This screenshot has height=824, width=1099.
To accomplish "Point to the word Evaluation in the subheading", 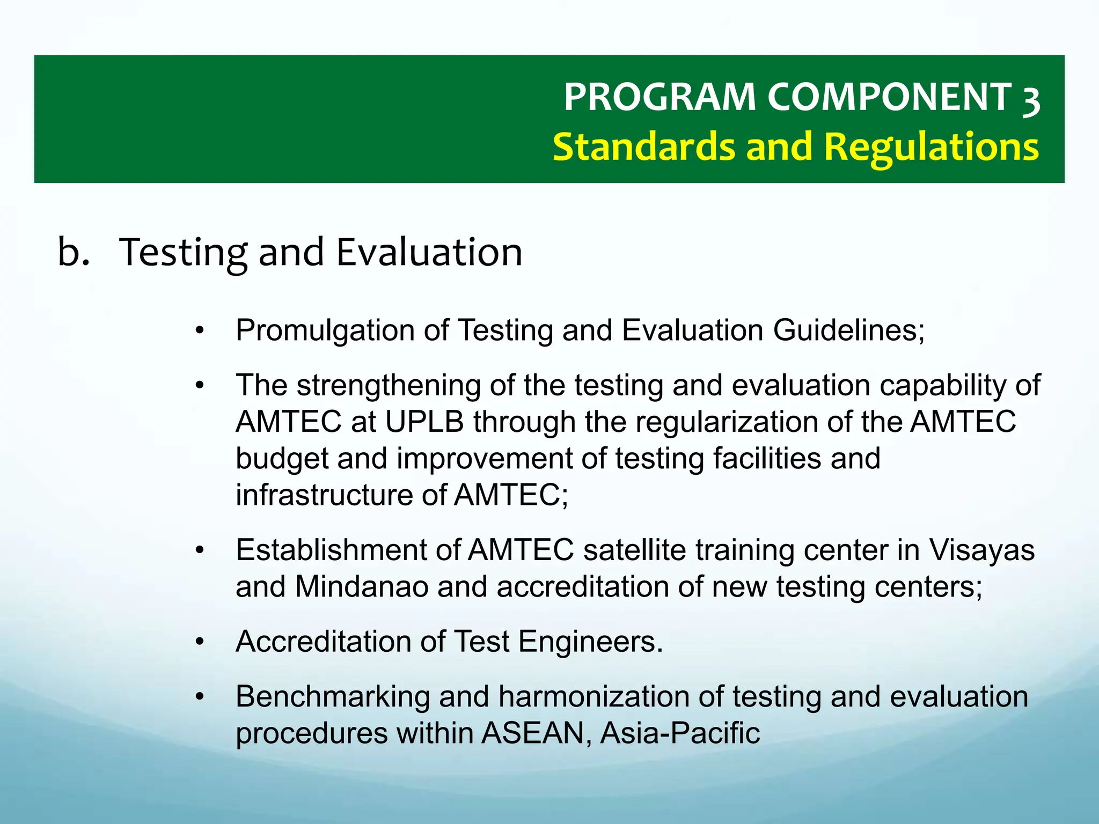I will coord(429,252).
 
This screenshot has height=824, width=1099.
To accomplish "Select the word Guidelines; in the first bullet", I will coord(849,330).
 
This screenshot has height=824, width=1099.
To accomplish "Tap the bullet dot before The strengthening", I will coord(200,385).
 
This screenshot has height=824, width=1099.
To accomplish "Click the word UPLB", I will coord(424,422).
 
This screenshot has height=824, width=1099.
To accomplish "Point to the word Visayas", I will coord(981,550).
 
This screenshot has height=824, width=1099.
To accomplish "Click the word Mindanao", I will coord(361,587).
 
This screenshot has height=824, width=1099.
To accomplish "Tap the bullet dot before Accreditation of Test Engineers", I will coord(200,642).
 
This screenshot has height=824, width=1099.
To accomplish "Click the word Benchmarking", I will coord(333,697).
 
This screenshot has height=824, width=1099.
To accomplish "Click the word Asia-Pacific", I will coord(680,733).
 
